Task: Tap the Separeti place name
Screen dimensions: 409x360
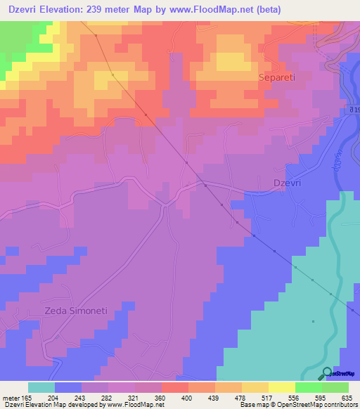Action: click(x=281, y=77)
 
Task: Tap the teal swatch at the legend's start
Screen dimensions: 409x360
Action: click(x=41, y=387)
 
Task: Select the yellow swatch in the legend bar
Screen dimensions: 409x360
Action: click(x=281, y=387)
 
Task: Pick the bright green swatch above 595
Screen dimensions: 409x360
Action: click(x=307, y=387)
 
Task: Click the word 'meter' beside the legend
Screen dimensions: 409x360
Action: click(x=13, y=397)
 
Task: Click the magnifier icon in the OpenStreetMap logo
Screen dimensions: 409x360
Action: click(x=326, y=372)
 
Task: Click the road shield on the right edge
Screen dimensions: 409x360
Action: click(x=352, y=110)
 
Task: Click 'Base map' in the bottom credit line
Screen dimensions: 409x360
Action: click(x=252, y=405)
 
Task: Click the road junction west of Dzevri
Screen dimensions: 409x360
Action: click(x=165, y=204)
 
